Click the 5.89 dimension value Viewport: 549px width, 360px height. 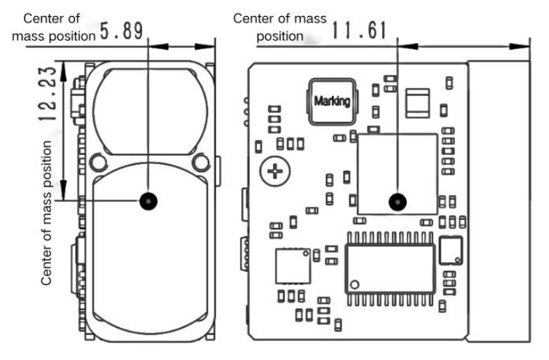122,31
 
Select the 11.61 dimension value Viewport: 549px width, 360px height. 359,30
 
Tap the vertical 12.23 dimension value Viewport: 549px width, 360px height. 47,93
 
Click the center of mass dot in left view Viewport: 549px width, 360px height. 149,201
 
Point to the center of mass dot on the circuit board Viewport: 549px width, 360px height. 398,202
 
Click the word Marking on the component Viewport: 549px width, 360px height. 332,101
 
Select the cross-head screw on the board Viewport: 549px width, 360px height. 274,171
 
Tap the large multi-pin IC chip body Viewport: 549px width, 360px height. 390,269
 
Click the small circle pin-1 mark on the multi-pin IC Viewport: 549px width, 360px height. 355,284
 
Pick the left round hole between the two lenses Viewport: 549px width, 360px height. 98,163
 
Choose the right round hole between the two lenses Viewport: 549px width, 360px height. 201,162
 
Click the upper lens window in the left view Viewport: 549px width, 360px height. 151,111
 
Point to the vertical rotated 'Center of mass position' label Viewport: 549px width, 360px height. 46,213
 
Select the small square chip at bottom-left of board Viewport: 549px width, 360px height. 293,266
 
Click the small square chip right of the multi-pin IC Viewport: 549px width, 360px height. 451,250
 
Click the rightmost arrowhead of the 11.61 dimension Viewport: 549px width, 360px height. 519,46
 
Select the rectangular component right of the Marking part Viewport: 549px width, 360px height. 417,103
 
